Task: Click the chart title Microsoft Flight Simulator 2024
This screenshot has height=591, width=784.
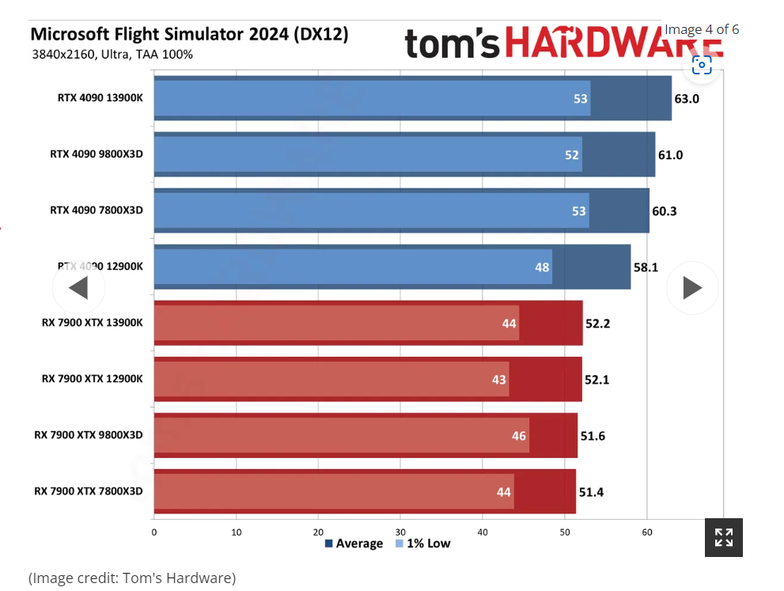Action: (188, 35)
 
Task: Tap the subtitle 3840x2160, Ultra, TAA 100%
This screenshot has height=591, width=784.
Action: (112, 55)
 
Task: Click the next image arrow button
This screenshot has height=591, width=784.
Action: (692, 288)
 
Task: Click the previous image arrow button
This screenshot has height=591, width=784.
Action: (78, 288)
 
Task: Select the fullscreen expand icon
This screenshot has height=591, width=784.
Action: (724, 537)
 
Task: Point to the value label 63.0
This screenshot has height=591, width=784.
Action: (687, 99)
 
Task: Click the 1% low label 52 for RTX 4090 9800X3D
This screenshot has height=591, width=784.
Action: (572, 155)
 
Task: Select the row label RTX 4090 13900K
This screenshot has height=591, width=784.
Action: (100, 98)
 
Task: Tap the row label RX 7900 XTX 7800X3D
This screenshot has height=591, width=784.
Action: (89, 491)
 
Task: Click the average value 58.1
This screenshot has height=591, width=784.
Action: (646, 267)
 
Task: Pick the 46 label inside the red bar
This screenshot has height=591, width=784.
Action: (519, 436)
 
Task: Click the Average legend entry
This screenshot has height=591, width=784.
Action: (354, 544)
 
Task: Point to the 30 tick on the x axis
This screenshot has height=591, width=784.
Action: (400, 532)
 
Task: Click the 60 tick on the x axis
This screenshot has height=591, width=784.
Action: (647, 532)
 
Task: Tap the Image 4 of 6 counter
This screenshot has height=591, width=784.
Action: (702, 29)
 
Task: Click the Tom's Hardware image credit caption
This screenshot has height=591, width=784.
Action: (132, 578)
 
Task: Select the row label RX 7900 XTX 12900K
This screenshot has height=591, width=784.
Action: (93, 379)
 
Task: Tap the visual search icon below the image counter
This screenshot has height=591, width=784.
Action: (702, 65)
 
